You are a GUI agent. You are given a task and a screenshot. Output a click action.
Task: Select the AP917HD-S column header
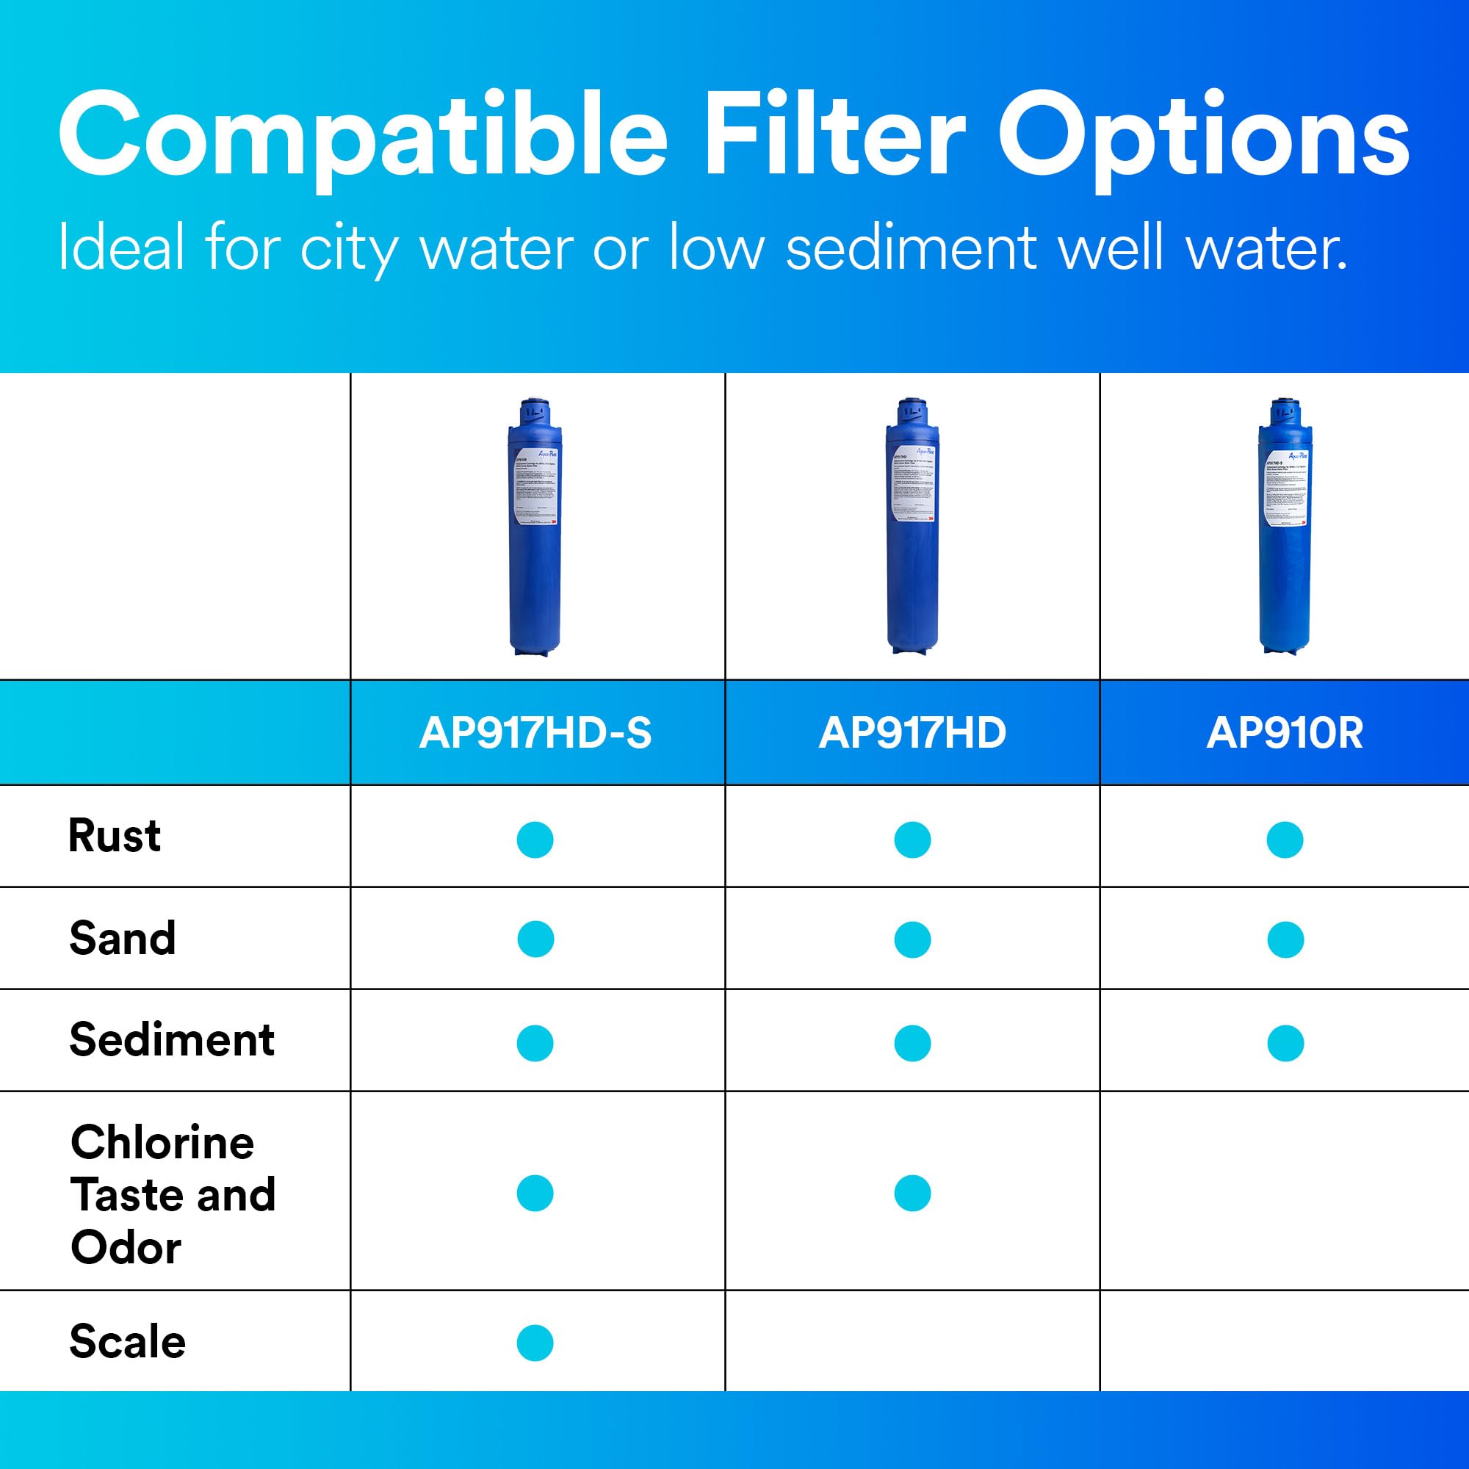coord(535,733)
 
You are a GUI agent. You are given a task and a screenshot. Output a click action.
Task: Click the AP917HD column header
coord(912,733)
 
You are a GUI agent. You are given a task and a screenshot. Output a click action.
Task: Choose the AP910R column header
coord(1285,733)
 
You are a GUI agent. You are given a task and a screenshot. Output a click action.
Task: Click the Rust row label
coord(114,836)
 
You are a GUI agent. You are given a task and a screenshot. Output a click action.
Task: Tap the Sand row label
coord(123,937)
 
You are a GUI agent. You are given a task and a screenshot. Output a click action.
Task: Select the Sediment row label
coord(172,1039)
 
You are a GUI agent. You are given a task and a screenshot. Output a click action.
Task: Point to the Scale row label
coord(127,1340)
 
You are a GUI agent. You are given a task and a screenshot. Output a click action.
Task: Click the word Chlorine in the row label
coord(162,1142)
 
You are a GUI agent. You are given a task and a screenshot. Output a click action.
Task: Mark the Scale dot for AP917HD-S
coord(535,1343)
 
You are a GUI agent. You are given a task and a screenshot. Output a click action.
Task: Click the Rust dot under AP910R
coord(1285,840)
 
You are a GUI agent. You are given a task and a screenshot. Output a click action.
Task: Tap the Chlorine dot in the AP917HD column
coord(912,1193)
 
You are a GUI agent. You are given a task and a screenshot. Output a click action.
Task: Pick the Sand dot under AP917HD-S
coord(535,939)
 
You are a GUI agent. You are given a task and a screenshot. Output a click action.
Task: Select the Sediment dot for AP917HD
coord(912,1043)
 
